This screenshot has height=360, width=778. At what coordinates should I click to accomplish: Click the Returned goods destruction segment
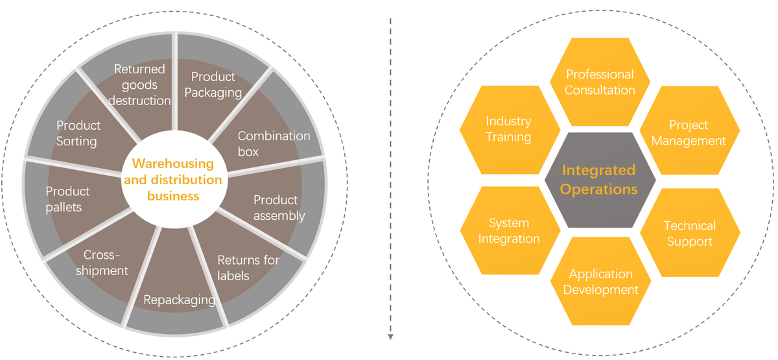click(139, 84)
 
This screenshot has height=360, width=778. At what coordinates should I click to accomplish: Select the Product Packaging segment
click(213, 86)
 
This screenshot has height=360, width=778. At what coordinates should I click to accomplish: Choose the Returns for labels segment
click(248, 267)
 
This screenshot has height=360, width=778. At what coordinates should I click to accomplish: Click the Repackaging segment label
click(179, 300)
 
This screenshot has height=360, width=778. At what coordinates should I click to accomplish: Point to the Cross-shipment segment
click(106, 263)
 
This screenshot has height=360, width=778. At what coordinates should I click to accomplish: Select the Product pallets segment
click(67, 199)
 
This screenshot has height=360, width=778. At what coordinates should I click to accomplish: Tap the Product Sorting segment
click(78, 132)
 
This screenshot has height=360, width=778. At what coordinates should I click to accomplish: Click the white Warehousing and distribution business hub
click(172, 180)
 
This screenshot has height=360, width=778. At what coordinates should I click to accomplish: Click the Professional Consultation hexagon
click(600, 82)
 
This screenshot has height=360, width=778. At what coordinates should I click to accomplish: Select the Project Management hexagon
click(689, 132)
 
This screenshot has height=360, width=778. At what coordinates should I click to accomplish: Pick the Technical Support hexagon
click(689, 234)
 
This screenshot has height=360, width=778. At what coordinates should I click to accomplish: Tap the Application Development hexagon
click(600, 282)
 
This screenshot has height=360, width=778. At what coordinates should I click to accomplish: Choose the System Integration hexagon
click(510, 231)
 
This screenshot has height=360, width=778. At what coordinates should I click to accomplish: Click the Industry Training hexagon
click(509, 129)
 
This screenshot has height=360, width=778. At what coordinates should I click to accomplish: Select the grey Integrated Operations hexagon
click(599, 180)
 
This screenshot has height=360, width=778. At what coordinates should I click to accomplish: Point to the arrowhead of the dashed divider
click(390, 337)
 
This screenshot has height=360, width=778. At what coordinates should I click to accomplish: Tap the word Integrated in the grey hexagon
click(598, 170)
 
